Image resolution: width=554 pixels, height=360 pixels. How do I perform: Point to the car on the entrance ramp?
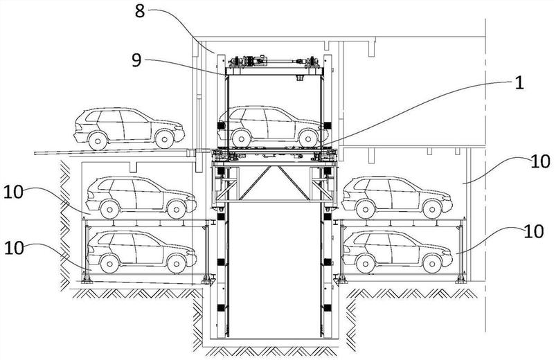coord(128,127)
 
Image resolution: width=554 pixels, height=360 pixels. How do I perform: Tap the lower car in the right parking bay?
coord(393,251)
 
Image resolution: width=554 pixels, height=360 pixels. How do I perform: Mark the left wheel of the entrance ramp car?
coord(97,140)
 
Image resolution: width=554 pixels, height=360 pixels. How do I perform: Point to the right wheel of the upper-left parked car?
coord(177,206)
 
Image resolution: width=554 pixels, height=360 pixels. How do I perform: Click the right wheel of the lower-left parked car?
coord(177,262)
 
